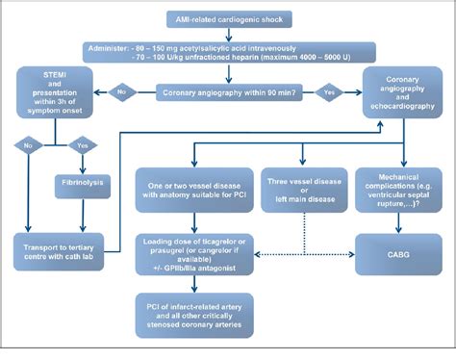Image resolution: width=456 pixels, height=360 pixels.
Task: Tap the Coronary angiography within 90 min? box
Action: coord(227,93)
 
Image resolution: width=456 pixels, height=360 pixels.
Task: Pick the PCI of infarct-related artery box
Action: coord(193,313)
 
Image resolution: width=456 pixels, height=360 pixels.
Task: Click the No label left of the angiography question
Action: coord(122,93)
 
